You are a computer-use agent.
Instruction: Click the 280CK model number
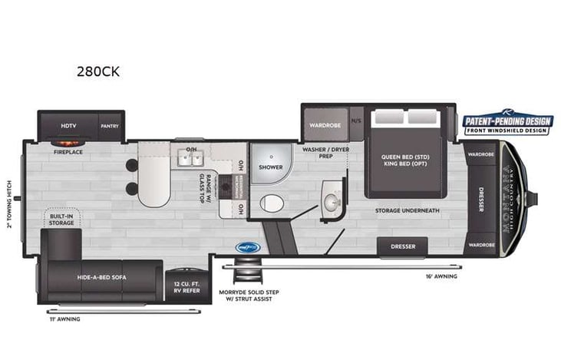pos(98,72)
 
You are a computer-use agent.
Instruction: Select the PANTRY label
pos(110,125)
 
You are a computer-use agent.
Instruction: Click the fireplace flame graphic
pos(68,142)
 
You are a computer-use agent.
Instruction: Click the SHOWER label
pos(270,167)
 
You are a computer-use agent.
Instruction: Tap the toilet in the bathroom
pos(271,203)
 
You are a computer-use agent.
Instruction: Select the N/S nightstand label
pos(356,121)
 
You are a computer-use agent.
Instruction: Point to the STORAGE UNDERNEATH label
pos(407,210)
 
